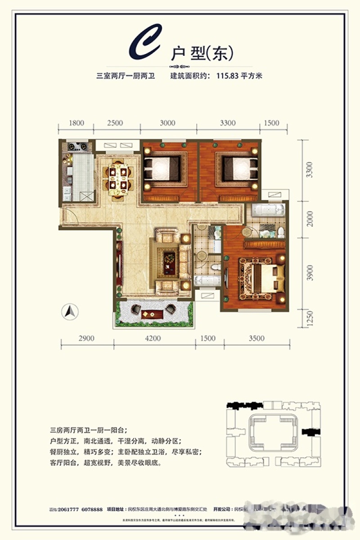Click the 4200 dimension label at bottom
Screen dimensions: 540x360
[x=153, y=338]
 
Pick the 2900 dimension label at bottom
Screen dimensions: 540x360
[x=86, y=338]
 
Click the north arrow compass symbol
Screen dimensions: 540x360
[x=70, y=311]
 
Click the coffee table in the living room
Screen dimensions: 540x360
[x=170, y=261]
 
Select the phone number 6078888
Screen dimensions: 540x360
[x=94, y=509]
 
